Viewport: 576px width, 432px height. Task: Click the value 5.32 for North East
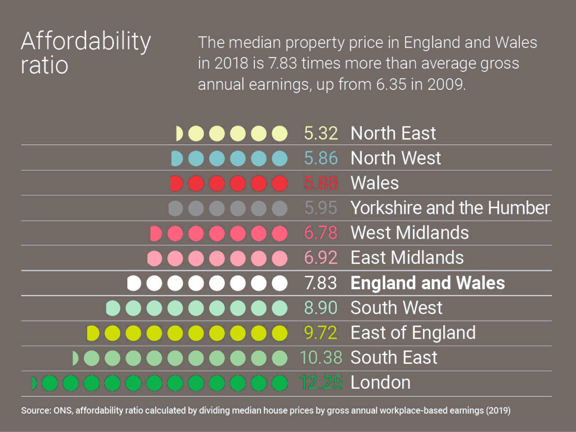321,133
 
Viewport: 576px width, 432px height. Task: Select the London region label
380,383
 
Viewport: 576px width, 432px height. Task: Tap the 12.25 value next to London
321,383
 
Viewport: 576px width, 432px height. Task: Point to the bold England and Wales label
427,283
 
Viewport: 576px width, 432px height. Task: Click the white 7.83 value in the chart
321,283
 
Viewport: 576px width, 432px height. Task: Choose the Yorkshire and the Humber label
450,208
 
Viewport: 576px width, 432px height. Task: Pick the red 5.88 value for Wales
321,183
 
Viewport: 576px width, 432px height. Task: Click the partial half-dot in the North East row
179,133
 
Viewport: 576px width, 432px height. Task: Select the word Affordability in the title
85,42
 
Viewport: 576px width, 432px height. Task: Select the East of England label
413,333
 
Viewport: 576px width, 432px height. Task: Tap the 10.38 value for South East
321,358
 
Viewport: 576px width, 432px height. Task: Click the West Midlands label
409,233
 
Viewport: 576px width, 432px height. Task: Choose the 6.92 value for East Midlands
321,258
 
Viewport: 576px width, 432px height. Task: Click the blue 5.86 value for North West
321,159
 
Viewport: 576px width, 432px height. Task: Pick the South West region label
396,308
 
